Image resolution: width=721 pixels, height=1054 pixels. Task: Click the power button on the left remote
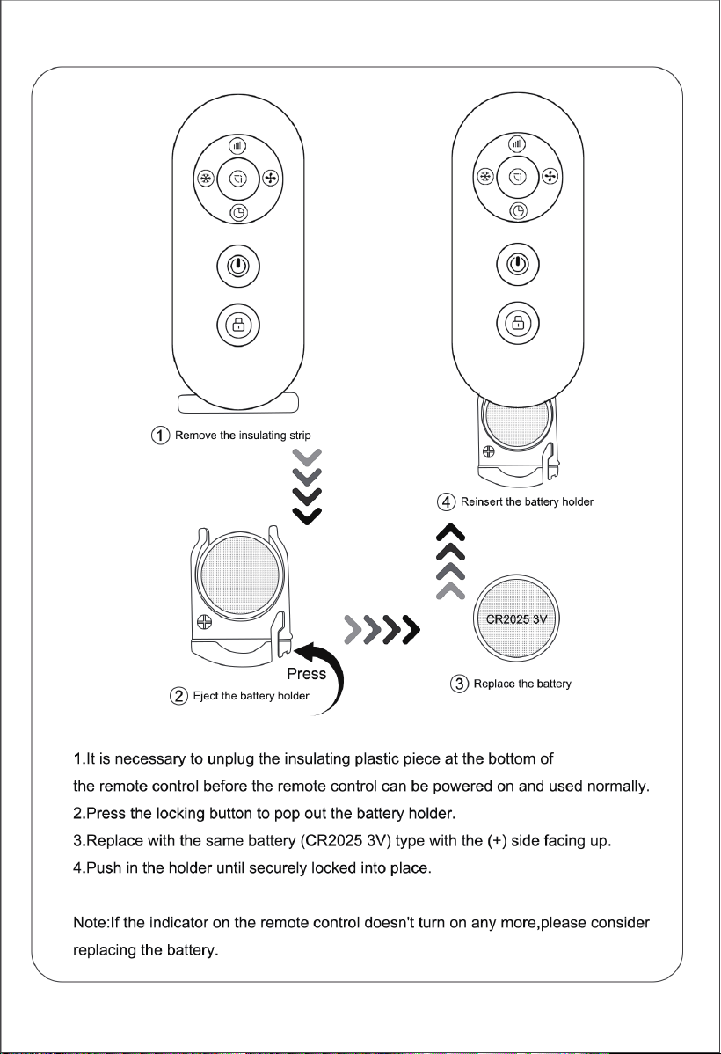tap(238, 266)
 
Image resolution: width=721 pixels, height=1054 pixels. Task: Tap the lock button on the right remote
tap(517, 323)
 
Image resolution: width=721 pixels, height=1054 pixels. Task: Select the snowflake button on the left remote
tap(206, 179)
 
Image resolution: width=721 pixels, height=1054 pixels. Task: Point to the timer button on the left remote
tap(238, 213)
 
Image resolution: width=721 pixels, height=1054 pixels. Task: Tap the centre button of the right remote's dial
tap(517, 177)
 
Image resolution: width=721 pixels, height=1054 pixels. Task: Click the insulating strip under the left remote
tap(238, 403)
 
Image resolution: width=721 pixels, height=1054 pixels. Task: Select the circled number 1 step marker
tap(160, 435)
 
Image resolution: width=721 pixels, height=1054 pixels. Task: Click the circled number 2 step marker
tap(178, 696)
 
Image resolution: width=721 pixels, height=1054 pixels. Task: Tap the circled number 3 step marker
tap(460, 684)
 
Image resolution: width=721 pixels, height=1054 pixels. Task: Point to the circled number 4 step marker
tap(446, 501)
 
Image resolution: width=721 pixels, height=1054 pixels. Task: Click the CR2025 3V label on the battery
tap(517, 619)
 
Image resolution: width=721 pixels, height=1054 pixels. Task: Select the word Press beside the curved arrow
tap(306, 674)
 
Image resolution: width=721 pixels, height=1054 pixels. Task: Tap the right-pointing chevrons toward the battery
tap(382, 629)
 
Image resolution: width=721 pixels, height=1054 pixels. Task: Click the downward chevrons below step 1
tap(307, 487)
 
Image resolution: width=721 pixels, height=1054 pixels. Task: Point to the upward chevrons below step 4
tap(451, 560)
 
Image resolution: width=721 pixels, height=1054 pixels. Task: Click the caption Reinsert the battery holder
tap(527, 501)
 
